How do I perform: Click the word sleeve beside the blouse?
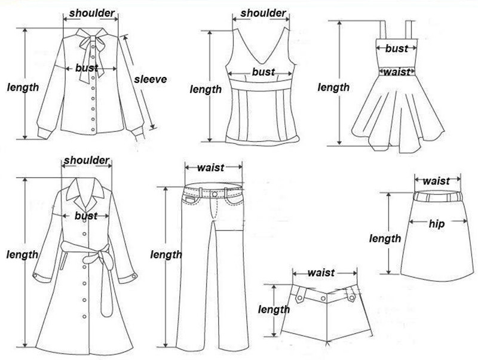click(x=149, y=79)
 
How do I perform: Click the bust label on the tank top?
click(x=263, y=72)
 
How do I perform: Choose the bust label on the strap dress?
click(x=396, y=48)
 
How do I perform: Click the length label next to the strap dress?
click(x=333, y=88)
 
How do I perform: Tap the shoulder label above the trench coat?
click(x=87, y=160)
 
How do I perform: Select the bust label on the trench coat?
click(x=86, y=216)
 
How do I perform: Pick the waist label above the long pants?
click(x=210, y=168)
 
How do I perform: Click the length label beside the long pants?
click(x=166, y=254)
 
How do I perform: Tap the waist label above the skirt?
click(x=436, y=181)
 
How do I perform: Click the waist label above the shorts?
click(x=321, y=273)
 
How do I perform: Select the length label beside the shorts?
click(x=274, y=309)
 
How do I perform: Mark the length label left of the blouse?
click(x=23, y=87)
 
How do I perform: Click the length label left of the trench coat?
click(x=22, y=254)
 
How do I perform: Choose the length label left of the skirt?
click(x=385, y=239)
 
